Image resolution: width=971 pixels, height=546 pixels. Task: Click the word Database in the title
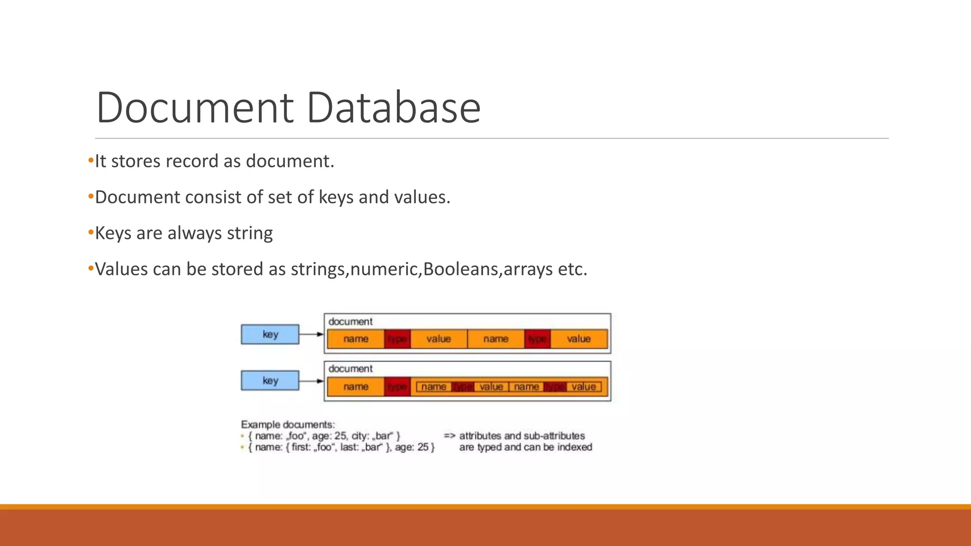coord(394,108)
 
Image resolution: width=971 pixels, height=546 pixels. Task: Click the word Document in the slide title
coord(195,108)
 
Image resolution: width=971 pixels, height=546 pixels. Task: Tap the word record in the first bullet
coord(192,161)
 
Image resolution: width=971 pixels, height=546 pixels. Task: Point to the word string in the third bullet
coord(249,233)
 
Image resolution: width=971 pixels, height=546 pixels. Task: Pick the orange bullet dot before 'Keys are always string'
coord(91,232)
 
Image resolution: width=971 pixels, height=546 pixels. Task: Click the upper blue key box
coord(270,334)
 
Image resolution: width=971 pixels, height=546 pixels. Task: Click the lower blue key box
coord(270,381)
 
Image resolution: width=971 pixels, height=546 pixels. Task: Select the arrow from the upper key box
coord(311,334)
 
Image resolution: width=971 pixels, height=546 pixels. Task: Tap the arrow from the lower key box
coord(311,381)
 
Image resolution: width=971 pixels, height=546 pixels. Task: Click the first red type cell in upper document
coord(397,339)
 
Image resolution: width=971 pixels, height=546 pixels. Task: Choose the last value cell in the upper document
coord(578,339)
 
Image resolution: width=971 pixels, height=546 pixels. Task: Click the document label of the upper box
coord(350,322)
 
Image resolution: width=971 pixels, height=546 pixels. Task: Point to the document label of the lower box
coord(350,369)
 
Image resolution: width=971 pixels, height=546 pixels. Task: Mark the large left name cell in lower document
coord(356,387)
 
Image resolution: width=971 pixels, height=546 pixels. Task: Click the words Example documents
coord(288,425)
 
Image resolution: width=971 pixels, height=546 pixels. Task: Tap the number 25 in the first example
coord(340,436)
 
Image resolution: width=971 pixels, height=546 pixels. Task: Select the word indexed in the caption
coord(574,447)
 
